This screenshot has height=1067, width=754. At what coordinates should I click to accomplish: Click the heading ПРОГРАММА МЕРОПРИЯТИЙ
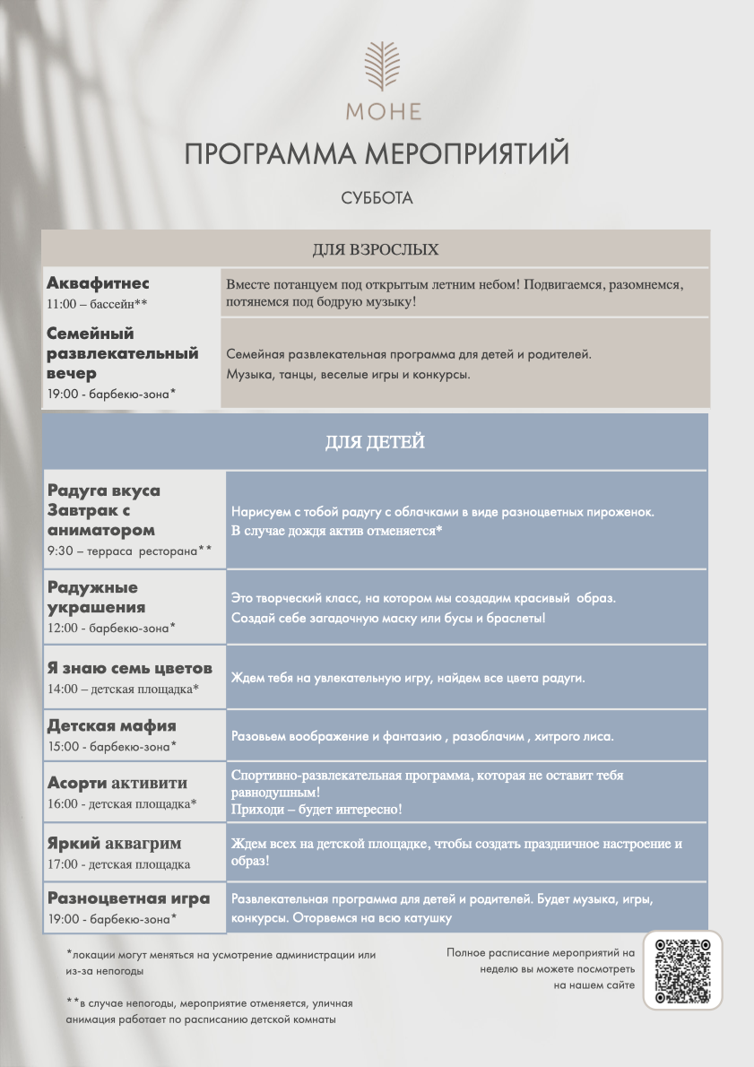point(377,154)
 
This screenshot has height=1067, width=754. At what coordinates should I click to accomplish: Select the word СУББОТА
point(377,199)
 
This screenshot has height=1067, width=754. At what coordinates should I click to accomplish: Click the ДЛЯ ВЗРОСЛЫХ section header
point(376,248)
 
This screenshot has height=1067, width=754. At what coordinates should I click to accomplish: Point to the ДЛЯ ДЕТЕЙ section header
point(375,442)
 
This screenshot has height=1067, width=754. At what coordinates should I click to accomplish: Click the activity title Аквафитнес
point(98,283)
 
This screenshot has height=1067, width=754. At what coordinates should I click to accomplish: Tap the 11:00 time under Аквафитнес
point(62,304)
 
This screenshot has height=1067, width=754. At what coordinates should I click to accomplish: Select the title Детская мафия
point(112,725)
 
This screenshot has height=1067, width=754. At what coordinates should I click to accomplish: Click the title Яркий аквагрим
point(115,844)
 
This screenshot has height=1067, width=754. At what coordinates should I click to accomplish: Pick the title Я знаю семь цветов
point(130,668)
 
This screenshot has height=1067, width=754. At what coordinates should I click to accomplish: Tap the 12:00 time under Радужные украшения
point(64,628)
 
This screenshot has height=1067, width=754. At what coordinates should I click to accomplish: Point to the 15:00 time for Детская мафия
point(64,746)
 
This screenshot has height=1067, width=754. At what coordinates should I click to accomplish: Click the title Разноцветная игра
point(128,898)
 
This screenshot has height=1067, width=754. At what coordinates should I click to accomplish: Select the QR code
point(682,970)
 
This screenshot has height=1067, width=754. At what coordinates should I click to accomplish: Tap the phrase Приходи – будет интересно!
point(316,810)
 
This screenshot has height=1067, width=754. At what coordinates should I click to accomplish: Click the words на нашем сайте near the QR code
point(594,985)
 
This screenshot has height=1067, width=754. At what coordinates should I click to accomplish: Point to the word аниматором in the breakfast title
point(101,530)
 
